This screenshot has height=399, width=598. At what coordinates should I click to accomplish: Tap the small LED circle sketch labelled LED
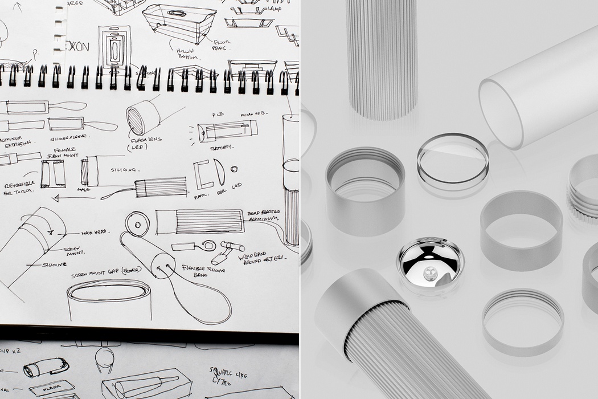coord(234,169)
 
